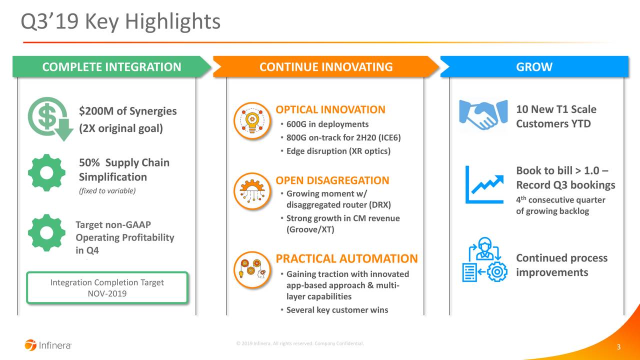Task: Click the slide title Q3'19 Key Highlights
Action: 120,21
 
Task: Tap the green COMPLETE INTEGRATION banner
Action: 111,67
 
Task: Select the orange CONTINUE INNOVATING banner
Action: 326,67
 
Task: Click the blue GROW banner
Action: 533,67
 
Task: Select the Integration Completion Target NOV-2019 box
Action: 107,288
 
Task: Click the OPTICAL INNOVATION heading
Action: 330,110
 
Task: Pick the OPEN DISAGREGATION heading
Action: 332,180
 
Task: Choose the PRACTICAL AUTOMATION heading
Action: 346,258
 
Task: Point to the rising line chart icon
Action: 484,185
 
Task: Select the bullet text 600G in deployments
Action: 327,124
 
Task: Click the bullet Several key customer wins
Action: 336,310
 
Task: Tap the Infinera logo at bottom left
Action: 48,345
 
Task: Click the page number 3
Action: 618,347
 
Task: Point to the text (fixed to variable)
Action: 107,191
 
